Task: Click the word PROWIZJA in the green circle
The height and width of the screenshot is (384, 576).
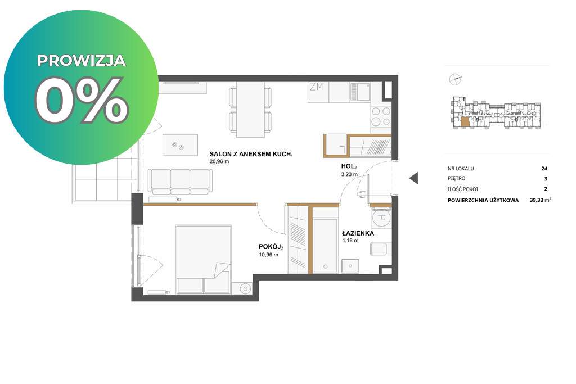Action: pyautogui.click(x=82, y=61)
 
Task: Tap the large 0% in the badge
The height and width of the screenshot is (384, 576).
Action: pyautogui.click(x=82, y=101)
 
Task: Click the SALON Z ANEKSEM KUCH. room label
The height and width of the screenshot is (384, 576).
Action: pyautogui.click(x=251, y=154)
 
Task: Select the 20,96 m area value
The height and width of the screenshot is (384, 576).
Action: pyautogui.click(x=219, y=161)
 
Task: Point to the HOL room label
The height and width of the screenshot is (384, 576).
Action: pyautogui.click(x=349, y=166)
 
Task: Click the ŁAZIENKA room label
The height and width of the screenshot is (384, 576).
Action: pyautogui.click(x=358, y=233)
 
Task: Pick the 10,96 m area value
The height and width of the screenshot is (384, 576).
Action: pyautogui.click(x=268, y=255)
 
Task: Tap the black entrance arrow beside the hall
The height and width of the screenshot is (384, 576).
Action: pyautogui.click(x=414, y=178)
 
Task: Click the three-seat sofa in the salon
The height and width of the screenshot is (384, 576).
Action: pyautogui.click(x=181, y=182)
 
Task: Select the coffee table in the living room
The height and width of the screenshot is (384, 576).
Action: pyautogui.click(x=180, y=144)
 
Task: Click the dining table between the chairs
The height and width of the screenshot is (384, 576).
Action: pyautogui.click(x=250, y=109)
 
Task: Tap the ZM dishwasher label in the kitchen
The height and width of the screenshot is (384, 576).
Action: pyautogui.click(x=316, y=87)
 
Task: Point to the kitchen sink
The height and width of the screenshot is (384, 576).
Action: pyautogui.click(x=360, y=92)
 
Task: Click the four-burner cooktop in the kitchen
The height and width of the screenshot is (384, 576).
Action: pyautogui.click(x=381, y=116)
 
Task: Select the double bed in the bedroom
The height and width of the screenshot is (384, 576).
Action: pyautogui.click(x=204, y=260)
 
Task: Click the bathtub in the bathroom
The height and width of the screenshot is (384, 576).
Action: pyautogui.click(x=325, y=246)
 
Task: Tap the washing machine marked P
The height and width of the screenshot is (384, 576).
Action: pyautogui.click(x=381, y=217)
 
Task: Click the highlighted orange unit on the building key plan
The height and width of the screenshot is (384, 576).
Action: pyautogui.click(x=465, y=122)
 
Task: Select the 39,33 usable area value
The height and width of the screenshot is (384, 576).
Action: pyautogui.click(x=537, y=200)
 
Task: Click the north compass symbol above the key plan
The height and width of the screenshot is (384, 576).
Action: pyautogui.click(x=455, y=79)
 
